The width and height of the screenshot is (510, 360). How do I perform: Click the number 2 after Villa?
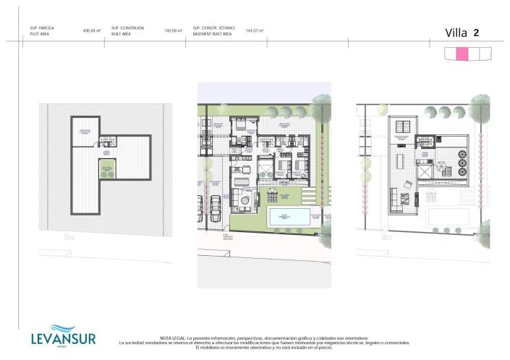[476, 32]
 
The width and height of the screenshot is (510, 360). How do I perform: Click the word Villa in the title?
[456, 32]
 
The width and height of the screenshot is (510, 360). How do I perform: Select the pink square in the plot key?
[461, 53]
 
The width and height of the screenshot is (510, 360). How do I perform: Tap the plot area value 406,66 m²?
[91, 30]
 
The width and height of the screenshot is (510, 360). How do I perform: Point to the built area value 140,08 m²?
[171, 30]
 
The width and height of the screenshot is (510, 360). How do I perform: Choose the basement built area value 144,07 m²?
[254, 30]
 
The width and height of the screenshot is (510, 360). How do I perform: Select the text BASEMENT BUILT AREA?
[211, 33]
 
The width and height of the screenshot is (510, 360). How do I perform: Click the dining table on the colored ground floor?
[245, 172]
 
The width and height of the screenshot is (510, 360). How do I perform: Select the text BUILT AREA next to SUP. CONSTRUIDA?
[122, 33]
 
